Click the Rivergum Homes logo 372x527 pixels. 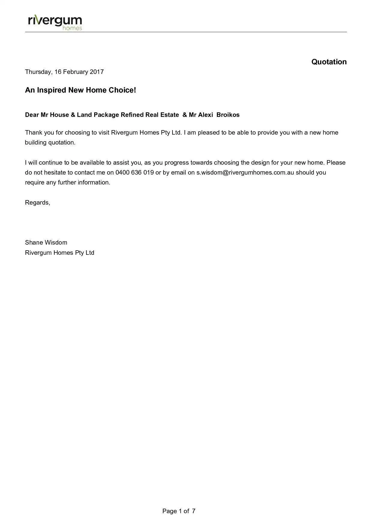coord(55,22)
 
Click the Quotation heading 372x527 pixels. coord(329,62)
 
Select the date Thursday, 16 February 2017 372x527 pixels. coord(64,72)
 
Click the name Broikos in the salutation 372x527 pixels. coord(228,115)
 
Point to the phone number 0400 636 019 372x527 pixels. coord(134,172)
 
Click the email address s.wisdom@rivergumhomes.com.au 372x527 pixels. coord(245,172)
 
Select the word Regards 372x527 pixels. coord(37,203)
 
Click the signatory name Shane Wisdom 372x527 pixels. coord(46,242)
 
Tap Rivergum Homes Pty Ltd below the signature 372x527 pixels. coord(59,253)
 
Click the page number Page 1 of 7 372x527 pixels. coord(179,511)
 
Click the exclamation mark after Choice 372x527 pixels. coord(135,90)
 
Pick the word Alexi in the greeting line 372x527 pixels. coord(205,115)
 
